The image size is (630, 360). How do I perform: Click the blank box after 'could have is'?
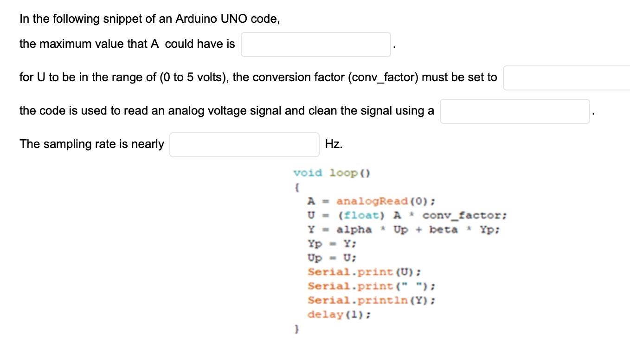[x=315, y=45]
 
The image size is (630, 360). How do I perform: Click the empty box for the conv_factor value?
[x=566, y=78]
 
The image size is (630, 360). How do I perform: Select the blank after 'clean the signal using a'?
[x=514, y=111]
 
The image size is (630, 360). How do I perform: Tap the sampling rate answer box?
[x=244, y=145]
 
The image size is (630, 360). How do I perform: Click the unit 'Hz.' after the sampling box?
[x=334, y=144]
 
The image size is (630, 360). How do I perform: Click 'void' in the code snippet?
[x=308, y=173]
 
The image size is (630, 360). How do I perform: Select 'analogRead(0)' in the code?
[x=384, y=201]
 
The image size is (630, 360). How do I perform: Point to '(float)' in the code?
[x=361, y=216]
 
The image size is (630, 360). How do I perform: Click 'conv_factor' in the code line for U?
[x=462, y=216]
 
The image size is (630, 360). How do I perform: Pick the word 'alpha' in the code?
[x=354, y=230]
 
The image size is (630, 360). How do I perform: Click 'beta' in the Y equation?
[x=443, y=230]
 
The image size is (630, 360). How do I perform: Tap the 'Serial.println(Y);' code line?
[x=372, y=301]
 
